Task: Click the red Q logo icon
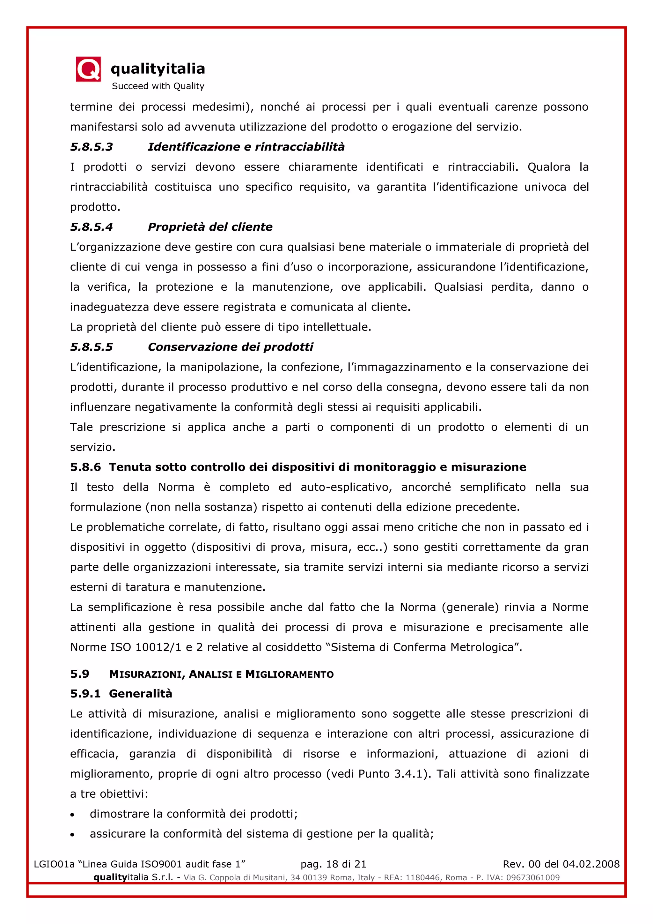(88, 69)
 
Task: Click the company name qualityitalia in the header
(158, 69)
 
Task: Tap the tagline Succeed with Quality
(158, 86)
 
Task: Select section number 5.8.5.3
(92, 147)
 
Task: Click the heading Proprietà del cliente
(210, 227)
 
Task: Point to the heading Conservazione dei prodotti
(231, 347)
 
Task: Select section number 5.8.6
(85, 467)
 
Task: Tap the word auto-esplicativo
(346, 487)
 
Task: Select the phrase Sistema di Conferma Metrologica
(422, 647)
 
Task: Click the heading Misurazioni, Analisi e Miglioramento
(221, 674)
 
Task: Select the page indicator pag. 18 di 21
(333, 864)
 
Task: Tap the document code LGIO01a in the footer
(54, 864)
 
